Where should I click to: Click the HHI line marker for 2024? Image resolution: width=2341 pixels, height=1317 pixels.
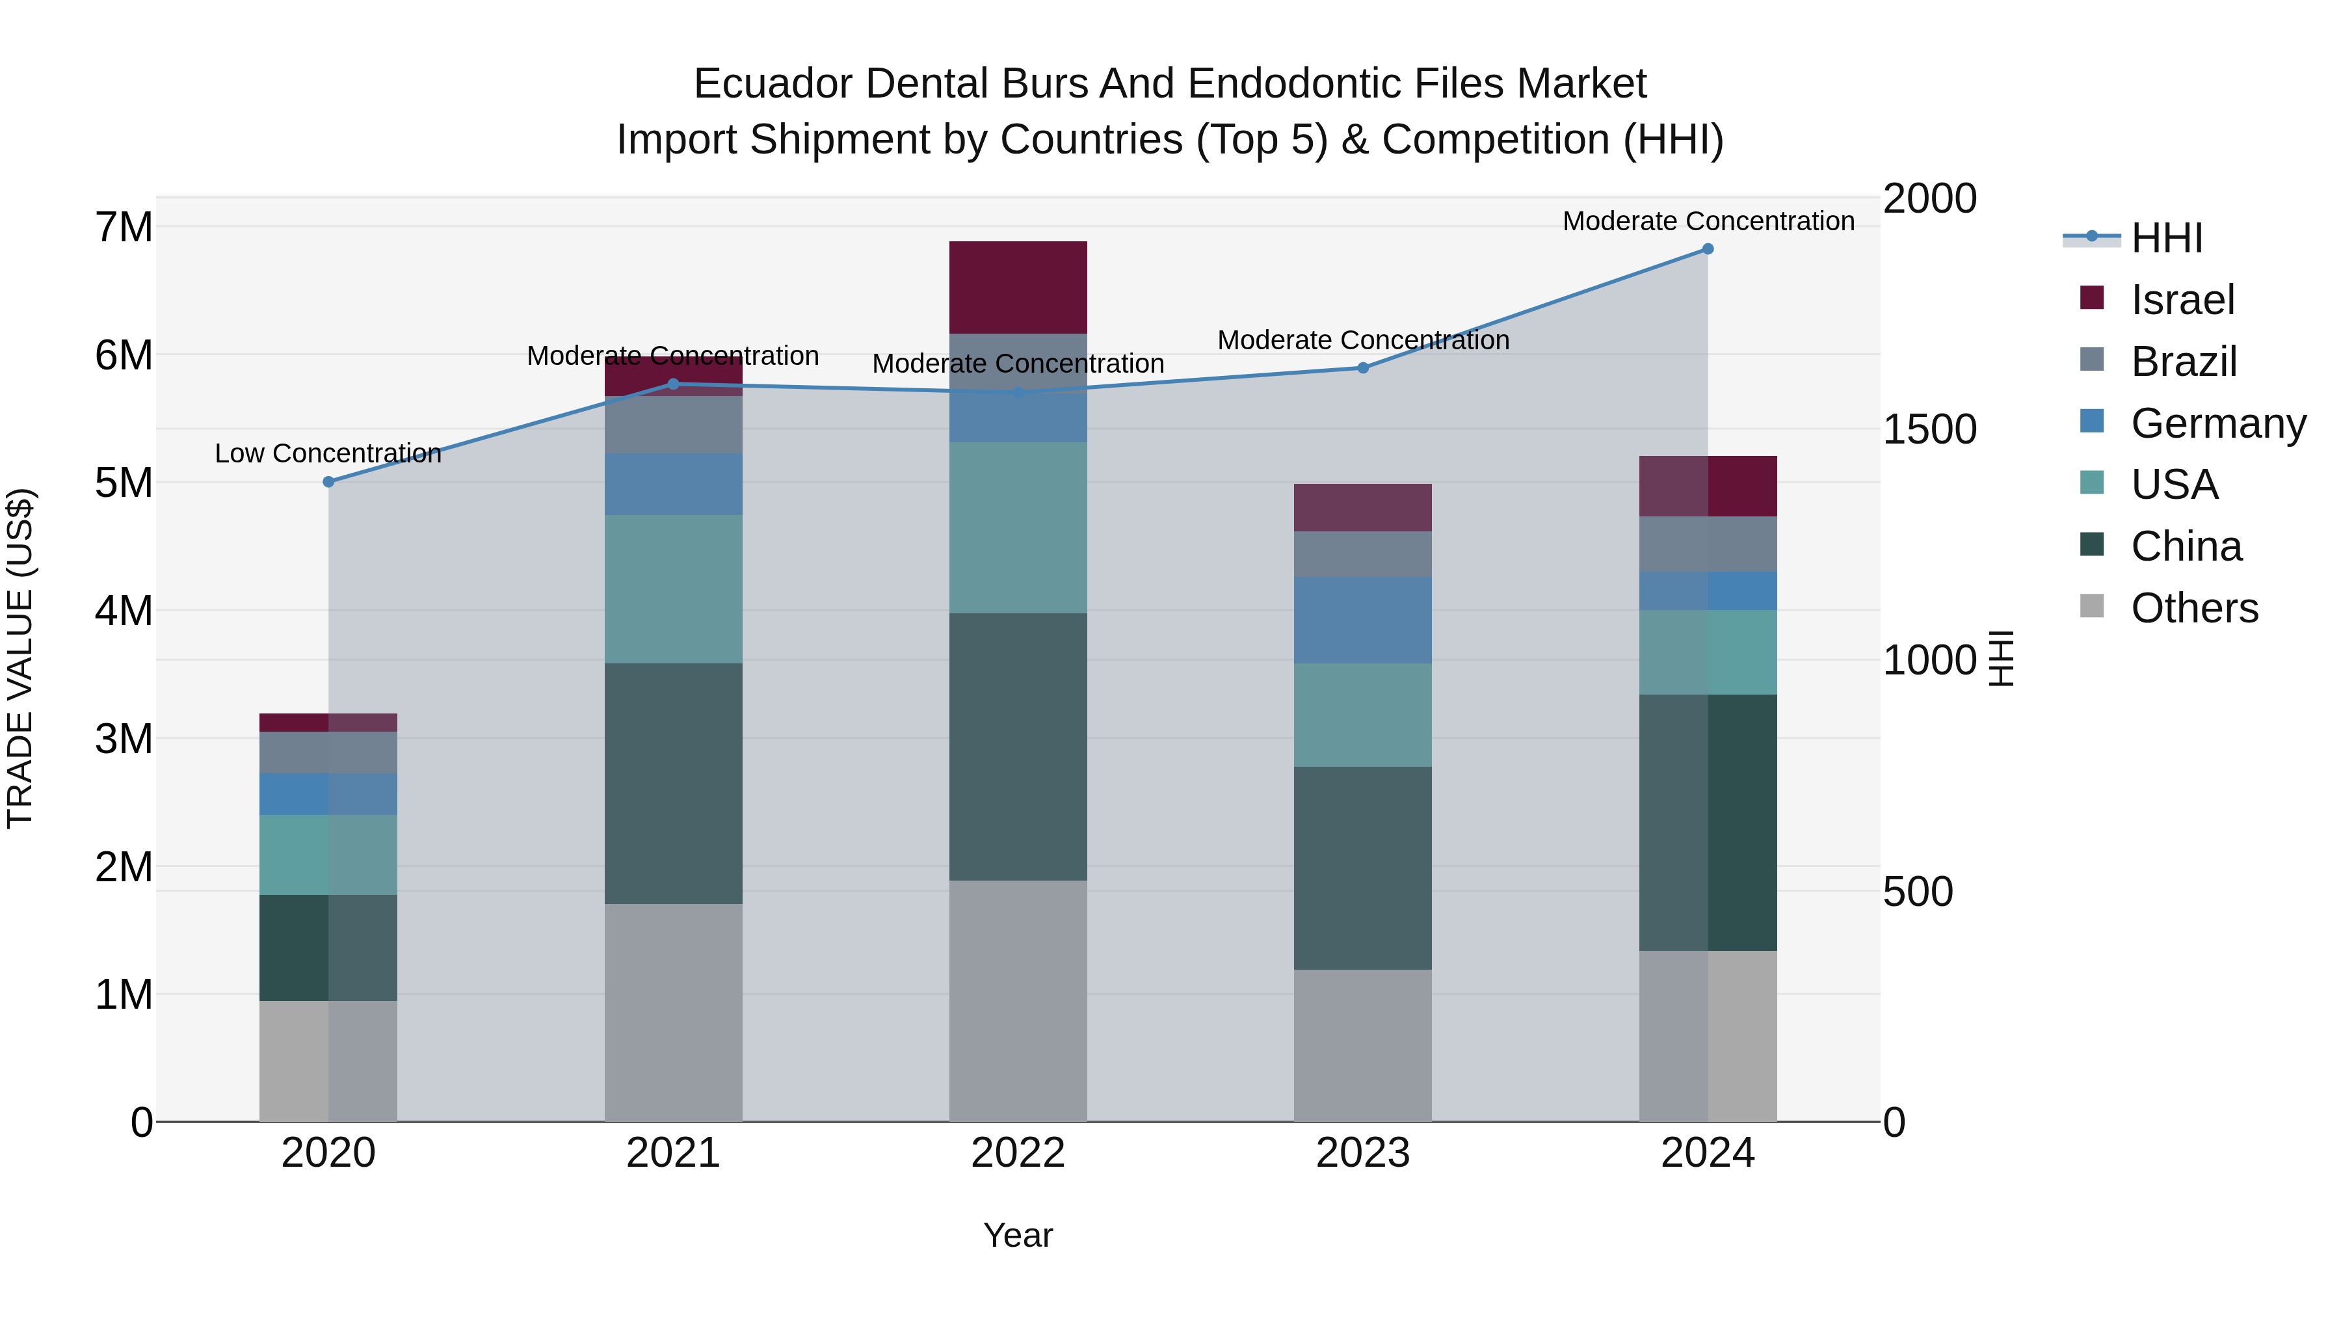(1708, 249)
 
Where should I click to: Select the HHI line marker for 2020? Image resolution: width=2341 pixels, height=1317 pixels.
(329, 482)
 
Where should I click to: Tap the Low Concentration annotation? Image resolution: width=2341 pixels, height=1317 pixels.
(328, 453)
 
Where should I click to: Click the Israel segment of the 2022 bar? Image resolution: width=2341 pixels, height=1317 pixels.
(1018, 287)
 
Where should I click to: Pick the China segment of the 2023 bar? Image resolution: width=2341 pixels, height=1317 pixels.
(1362, 868)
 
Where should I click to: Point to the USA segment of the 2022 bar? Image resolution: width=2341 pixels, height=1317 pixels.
(1018, 528)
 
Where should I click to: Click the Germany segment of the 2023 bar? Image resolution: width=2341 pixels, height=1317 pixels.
(1362, 620)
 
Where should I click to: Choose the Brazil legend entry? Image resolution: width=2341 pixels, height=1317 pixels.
(2183, 361)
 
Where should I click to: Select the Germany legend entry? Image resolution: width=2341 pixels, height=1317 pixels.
(2217, 423)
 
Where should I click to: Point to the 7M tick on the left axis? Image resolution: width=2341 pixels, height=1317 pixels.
(124, 227)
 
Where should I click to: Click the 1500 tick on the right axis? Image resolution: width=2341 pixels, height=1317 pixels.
(1929, 429)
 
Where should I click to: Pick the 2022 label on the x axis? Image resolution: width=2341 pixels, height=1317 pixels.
(1018, 1153)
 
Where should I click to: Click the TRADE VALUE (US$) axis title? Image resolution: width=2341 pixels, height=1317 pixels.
(20, 658)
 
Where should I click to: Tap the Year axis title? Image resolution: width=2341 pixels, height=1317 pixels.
(1018, 1235)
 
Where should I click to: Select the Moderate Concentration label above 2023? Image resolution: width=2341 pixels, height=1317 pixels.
(1362, 340)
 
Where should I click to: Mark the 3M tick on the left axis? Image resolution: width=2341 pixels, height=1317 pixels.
(124, 739)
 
